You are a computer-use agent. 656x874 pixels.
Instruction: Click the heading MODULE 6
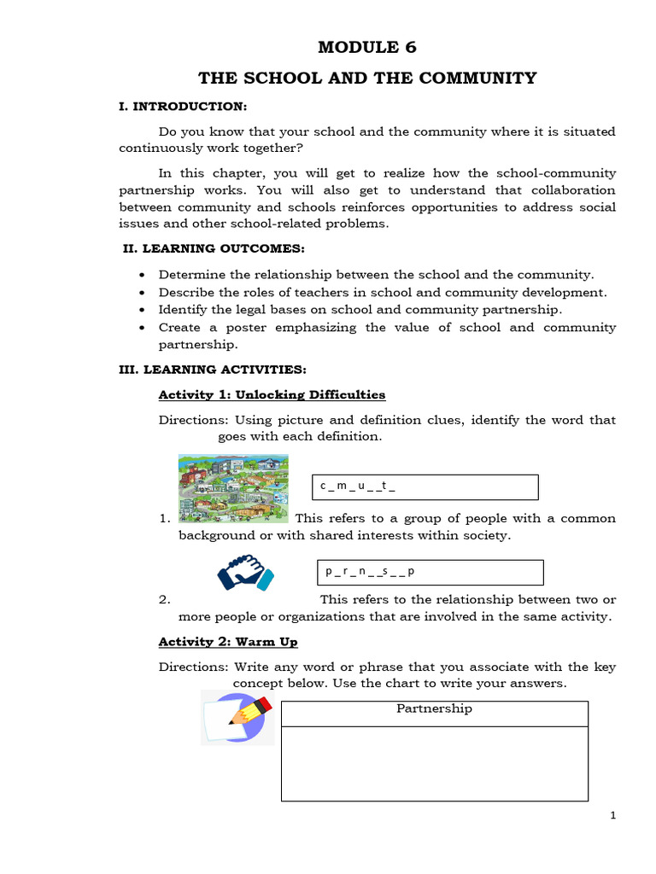(367, 47)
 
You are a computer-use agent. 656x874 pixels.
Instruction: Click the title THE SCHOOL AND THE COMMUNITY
(367, 79)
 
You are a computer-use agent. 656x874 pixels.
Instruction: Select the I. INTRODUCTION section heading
(183, 106)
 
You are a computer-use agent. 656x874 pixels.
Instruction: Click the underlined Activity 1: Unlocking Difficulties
(272, 394)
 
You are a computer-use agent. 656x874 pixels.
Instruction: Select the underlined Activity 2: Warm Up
(228, 641)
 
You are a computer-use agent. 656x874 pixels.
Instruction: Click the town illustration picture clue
(233, 488)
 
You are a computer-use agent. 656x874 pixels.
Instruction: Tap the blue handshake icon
(245, 573)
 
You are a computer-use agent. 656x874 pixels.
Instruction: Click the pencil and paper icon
(237, 717)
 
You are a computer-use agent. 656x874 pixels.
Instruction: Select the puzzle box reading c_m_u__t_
(424, 487)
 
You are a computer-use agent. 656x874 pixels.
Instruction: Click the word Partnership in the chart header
(434, 708)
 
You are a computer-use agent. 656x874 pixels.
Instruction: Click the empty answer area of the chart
(434, 763)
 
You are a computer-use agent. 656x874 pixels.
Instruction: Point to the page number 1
(612, 816)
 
